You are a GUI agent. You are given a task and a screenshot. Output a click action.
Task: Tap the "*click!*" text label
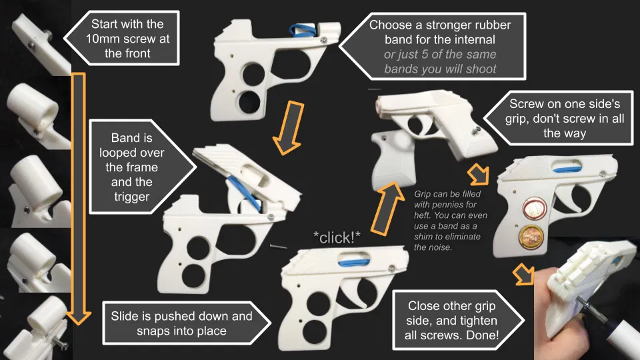[x=337, y=238]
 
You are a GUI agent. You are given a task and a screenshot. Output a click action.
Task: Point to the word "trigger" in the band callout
[x=132, y=197]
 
